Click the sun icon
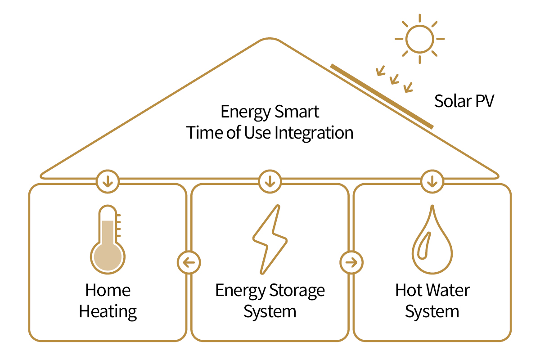(419, 39)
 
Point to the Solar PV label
(464, 102)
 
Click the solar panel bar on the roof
(382, 96)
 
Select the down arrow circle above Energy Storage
(270, 182)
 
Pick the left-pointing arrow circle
(189, 262)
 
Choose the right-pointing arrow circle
(351, 262)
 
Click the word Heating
(108, 311)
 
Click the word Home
(108, 290)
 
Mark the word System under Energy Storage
(270, 311)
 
